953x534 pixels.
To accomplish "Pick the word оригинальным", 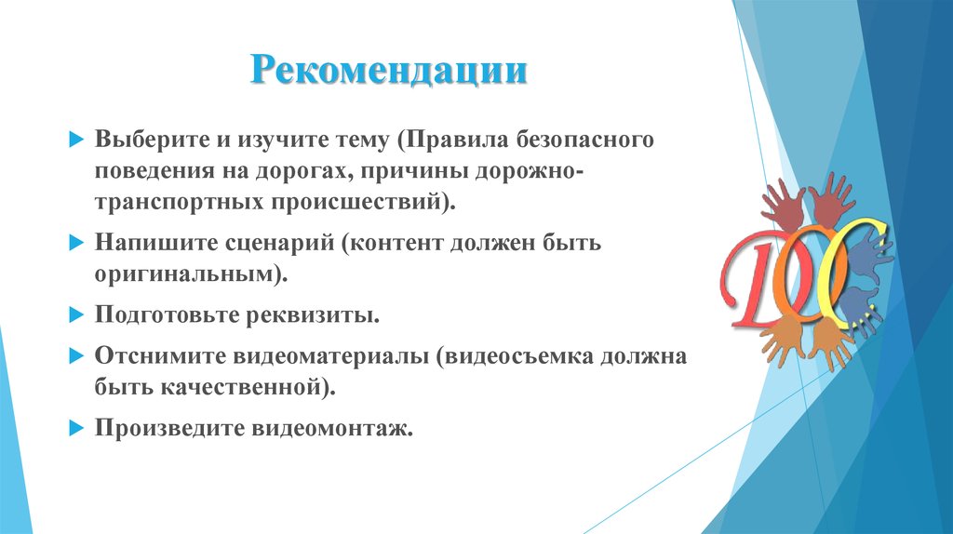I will pos(183,274).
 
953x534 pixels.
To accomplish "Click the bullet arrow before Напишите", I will pos(76,245).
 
